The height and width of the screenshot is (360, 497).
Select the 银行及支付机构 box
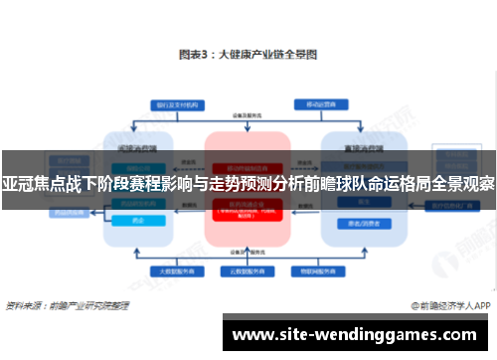click(172, 103)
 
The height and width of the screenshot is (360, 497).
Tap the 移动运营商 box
click(325, 103)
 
